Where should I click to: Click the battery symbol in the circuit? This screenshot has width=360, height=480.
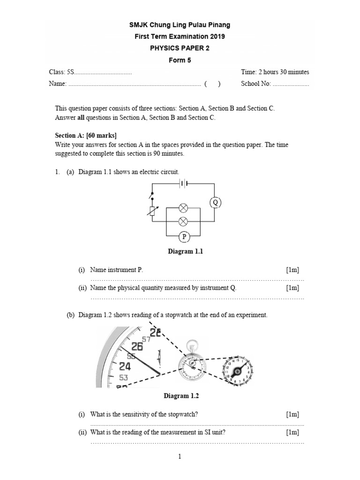(183, 184)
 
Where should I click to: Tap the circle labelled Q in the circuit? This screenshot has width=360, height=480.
(215, 202)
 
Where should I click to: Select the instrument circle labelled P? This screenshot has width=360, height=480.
(184, 237)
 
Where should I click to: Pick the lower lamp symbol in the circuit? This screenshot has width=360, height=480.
(183, 221)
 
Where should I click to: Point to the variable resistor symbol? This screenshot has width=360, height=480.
(151, 210)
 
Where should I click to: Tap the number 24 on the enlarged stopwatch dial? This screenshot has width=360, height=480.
(125, 366)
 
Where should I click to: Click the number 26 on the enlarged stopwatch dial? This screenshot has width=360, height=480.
(136, 346)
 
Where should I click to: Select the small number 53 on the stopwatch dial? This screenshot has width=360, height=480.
(124, 377)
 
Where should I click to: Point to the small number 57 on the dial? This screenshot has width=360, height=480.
(146, 339)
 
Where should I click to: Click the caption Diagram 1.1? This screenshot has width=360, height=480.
(185, 252)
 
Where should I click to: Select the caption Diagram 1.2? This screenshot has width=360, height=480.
(181, 396)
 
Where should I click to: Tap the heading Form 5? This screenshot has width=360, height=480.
(180, 60)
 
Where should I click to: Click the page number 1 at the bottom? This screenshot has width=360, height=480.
(180, 457)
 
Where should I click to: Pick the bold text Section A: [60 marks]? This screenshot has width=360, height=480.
(86, 135)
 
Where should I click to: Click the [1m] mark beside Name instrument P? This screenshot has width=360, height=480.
(292, 270)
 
